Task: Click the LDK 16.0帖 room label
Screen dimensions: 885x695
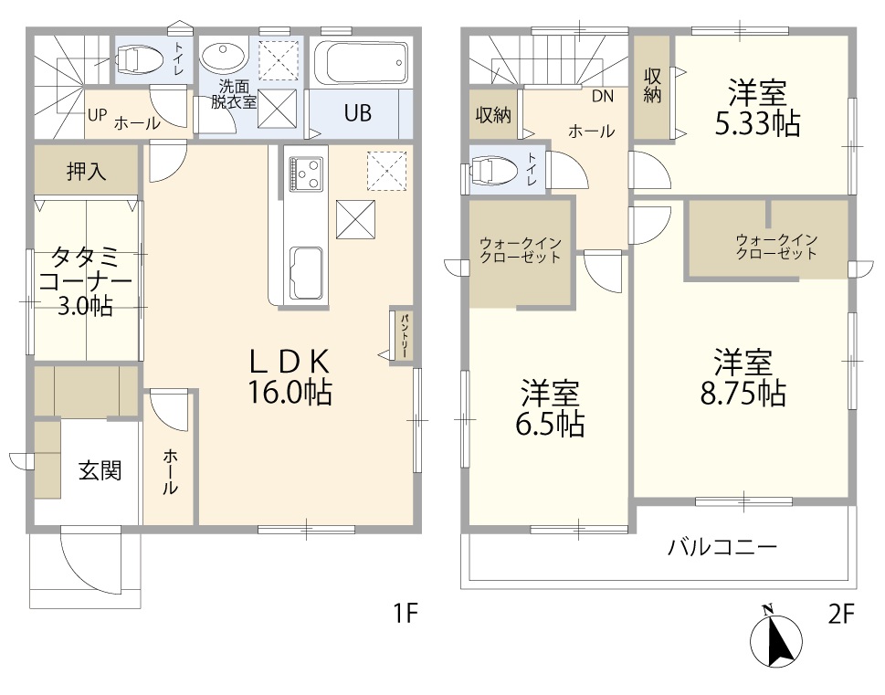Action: coord(290,376)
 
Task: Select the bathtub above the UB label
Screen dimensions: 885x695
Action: coord(360,63)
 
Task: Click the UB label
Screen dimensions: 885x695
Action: coord(358,113)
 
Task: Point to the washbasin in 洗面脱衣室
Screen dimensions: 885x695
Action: coord(224,58)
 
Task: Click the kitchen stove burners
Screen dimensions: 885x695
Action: coord(306,174)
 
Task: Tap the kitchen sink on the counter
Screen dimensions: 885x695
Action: coord(307,274)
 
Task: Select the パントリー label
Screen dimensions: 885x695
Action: coord(405,336)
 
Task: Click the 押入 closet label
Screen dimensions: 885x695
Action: coord(87,170)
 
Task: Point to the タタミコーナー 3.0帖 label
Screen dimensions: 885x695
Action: coord(85,281)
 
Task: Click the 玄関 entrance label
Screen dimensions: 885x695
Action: coord(100,470)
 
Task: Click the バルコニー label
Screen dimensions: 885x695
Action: coord(723,547)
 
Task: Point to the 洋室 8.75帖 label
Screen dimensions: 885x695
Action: coord(743,377)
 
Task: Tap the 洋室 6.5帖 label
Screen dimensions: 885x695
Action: coord(549,408)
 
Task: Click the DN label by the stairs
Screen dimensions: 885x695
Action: coord(602,97)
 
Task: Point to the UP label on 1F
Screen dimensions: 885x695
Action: coord(97,115)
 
